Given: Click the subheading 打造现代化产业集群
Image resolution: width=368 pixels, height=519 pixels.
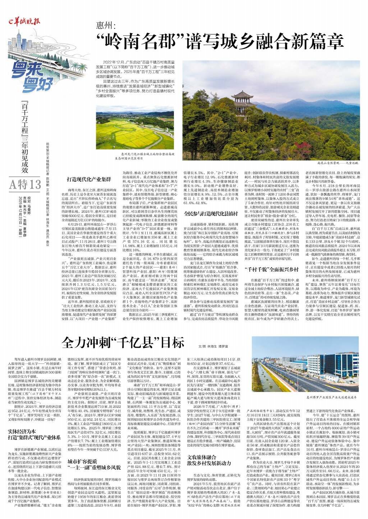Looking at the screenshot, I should [x=89, y=179].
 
